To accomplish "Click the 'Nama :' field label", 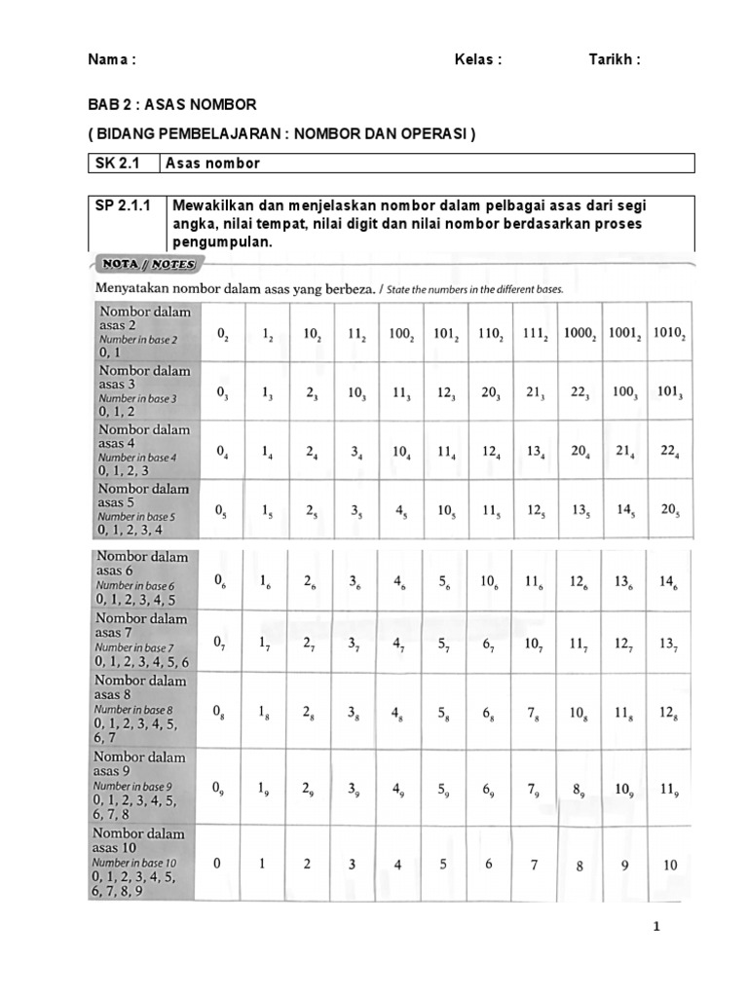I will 112,59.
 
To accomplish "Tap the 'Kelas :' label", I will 477,59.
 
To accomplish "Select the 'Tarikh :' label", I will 615,59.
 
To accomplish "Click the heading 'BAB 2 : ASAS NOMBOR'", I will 172,104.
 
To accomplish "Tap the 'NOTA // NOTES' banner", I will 145,264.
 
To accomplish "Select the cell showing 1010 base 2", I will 669,333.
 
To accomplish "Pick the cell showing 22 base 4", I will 669,451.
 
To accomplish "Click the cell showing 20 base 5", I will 669,510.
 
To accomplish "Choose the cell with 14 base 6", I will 668,581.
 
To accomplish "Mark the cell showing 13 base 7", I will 668,644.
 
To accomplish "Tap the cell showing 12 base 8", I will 668,714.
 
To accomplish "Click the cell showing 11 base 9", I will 668,790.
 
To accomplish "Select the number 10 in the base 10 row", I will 670,865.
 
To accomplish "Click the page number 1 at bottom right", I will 657,927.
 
